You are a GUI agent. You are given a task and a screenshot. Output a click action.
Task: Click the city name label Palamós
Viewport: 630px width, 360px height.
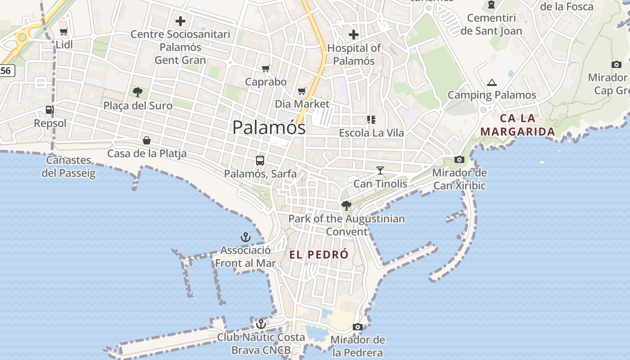(269, 127)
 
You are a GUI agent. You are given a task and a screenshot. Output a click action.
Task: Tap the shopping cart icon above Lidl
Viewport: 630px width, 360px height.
(63, 32)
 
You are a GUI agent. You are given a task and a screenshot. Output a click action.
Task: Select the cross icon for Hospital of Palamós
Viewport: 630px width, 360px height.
(354, 34)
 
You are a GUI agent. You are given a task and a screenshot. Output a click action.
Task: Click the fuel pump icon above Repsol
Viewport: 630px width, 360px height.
(49, 110)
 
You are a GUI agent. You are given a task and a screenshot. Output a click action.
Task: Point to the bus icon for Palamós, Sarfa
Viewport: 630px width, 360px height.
(260, 160)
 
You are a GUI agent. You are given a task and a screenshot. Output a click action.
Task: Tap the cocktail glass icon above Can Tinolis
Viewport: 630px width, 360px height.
(380, 171)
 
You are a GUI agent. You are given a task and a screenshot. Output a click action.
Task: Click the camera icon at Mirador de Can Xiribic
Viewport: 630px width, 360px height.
(459, 159)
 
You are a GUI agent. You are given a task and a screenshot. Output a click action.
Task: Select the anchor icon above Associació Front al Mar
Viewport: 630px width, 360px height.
(246, 237)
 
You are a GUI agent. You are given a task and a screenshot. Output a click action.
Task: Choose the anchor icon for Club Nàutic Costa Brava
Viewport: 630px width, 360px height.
(261, 324)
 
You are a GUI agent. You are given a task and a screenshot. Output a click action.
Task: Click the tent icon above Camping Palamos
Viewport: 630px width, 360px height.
(492, 82)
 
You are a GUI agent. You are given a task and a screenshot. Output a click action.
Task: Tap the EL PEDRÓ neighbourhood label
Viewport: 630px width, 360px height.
(319, 255)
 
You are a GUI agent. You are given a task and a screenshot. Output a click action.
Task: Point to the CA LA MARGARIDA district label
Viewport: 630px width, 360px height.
(517, 125)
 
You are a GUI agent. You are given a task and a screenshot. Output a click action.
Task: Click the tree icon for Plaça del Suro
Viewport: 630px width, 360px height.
(138, 92)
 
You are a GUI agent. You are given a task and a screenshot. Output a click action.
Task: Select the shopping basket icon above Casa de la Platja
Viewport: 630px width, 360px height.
(147, 140)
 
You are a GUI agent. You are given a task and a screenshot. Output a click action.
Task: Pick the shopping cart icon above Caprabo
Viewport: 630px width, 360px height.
(266, 68)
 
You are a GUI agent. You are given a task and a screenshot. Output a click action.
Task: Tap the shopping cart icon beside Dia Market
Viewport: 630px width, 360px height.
(302, 91)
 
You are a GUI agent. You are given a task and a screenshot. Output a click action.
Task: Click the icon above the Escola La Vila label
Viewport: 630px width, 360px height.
(371, 120)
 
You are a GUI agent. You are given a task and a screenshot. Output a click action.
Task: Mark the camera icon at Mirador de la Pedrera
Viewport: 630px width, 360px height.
(358, 327)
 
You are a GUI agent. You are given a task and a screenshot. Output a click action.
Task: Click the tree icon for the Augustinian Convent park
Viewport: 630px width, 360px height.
(346, 206)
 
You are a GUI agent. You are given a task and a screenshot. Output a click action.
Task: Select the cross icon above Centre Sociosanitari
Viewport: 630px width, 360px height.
(180, 21)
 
